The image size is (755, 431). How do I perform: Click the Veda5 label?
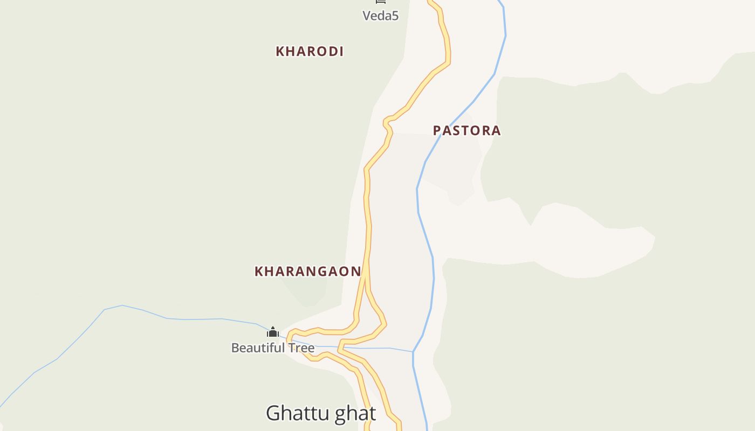coord(380,16)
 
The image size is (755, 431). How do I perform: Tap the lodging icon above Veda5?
coord(381,2)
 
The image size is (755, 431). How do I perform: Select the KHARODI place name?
coord(310,51)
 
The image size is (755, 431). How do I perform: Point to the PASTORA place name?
coord(467,130)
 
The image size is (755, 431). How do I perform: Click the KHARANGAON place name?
coord(307,271)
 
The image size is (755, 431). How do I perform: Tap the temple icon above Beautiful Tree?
coord(273,332)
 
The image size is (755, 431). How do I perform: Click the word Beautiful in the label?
coord(257,348)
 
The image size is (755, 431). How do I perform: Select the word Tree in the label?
coord(300,348)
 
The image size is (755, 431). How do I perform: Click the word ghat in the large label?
coord(355,414)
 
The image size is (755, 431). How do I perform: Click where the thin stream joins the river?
coord(413,352)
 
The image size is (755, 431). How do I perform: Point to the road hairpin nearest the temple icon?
coord(290,338)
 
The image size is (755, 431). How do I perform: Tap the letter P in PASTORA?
coord(437,130)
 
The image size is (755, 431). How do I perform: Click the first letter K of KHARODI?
coord(280,51)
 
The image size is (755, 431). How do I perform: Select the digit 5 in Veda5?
coord(395,16)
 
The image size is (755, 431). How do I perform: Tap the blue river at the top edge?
coord(502,2)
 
